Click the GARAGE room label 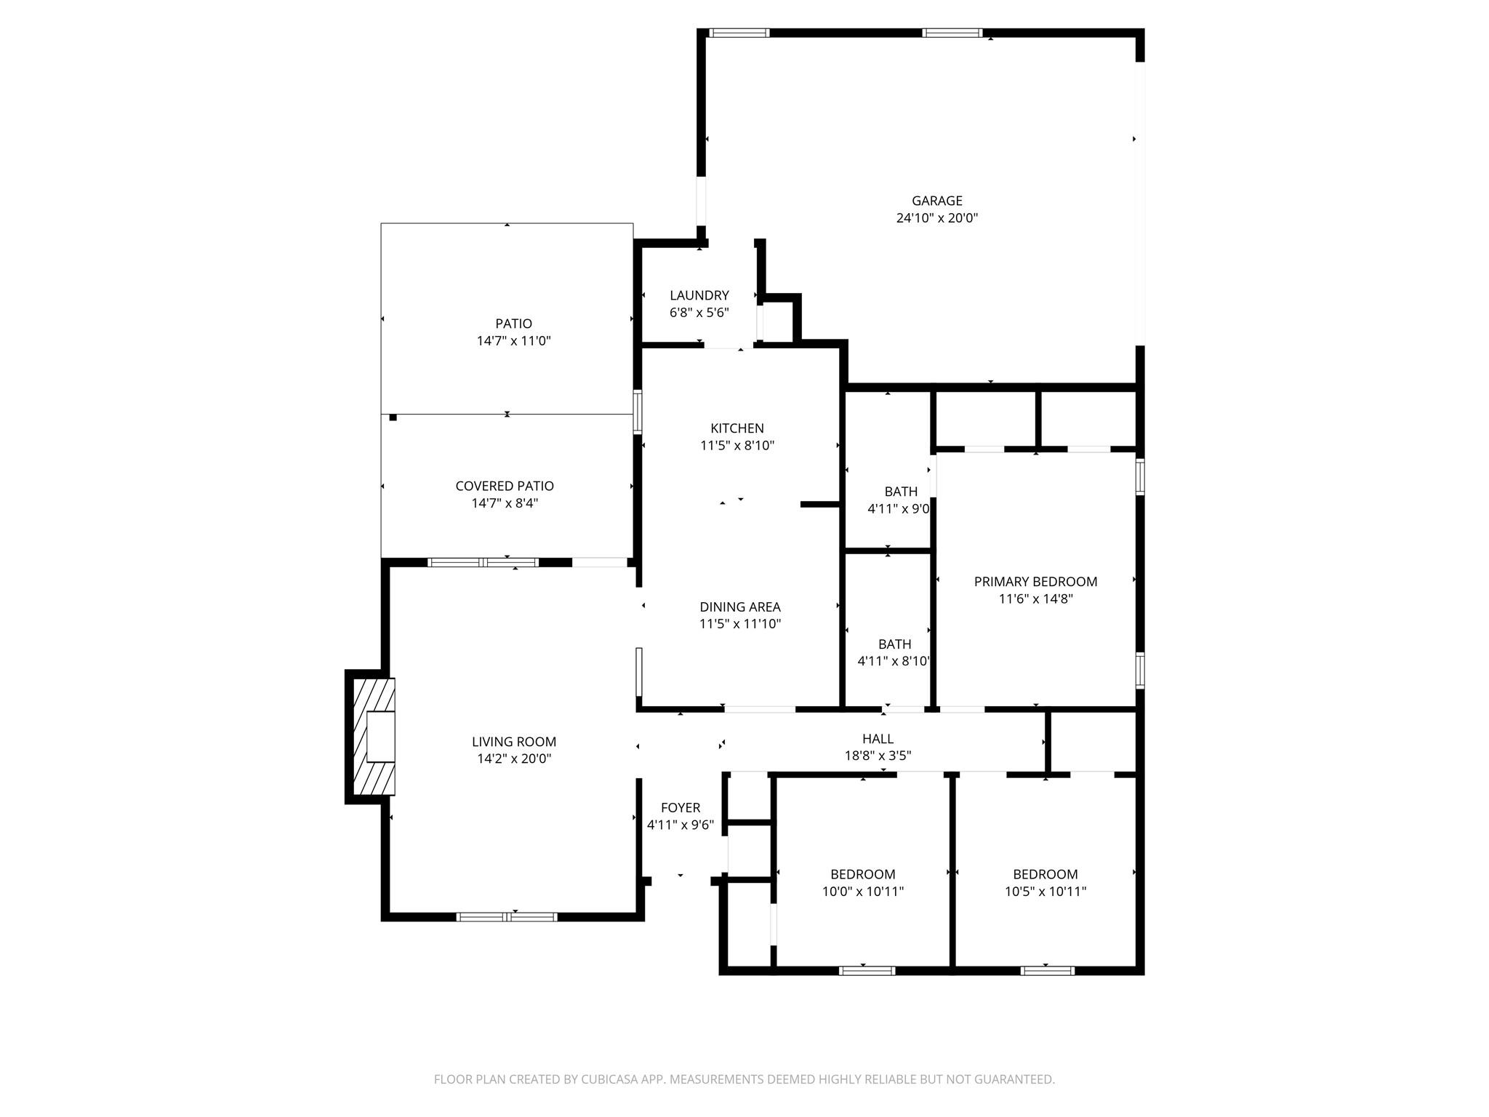936,201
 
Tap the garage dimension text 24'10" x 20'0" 936,217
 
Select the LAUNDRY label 699,295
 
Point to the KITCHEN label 737,428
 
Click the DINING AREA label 739,606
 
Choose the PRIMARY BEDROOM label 1035,582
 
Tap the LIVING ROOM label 513,742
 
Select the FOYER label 680,808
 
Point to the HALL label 878,739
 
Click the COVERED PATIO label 504,486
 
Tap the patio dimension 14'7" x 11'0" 513,341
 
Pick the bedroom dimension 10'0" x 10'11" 862,892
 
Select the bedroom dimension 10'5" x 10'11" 1045,892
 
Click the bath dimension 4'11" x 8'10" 894,661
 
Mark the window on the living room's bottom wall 507,917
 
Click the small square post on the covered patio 393,417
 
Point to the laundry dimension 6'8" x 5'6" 699,313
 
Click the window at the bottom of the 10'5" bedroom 1047,970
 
